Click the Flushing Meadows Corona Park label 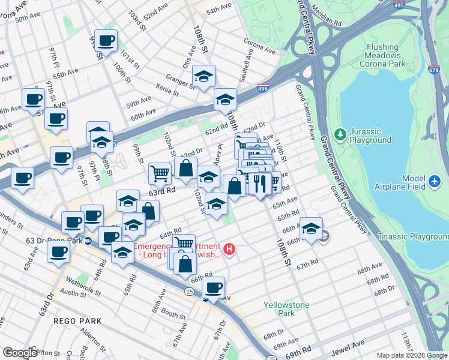coord(382,55)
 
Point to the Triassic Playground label coord(413,237)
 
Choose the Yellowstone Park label coord(286,309)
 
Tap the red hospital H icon coord(229,248)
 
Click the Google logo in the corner coord(20,353)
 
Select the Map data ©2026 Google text coord(411,355)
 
